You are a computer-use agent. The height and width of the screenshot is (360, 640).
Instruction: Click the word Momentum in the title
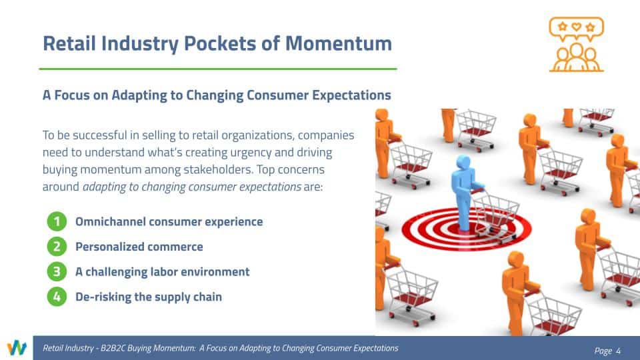point(339,43)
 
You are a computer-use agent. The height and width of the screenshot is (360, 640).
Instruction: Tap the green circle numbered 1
point(57,221)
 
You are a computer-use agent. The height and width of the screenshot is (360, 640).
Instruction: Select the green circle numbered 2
point(57,247)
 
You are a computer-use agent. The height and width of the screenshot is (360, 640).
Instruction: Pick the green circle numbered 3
point(57,272)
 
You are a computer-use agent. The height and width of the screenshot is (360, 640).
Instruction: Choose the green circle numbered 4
point(57,297)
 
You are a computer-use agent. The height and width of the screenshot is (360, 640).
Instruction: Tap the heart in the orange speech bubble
point(576,27)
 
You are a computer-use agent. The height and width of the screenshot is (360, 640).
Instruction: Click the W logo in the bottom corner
point(17,348)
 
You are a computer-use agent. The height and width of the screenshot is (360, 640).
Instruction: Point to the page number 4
point(619,351)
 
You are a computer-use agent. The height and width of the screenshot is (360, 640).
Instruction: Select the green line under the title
point(218,69)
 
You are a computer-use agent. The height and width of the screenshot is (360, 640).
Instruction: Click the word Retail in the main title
point(69,43)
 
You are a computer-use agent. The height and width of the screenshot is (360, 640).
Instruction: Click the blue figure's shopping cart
point(494,216)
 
